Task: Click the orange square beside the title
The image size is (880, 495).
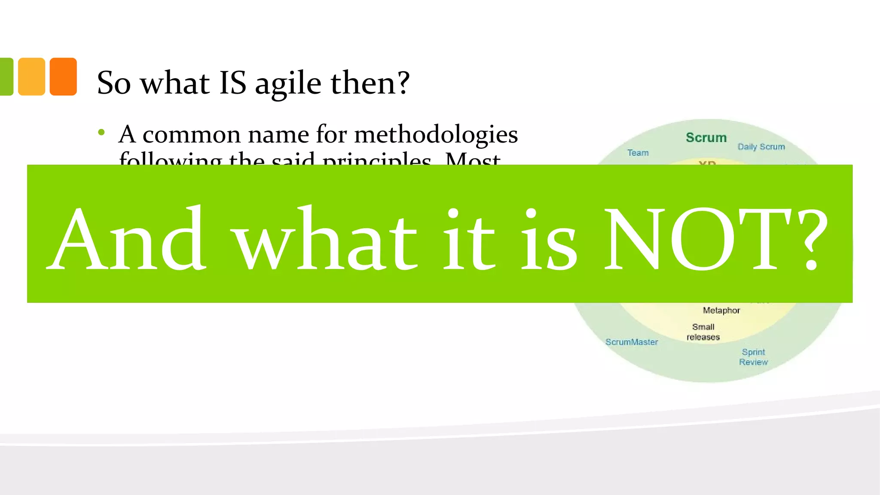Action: [x=63, y=76]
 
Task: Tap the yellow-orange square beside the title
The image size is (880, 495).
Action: [x=31, y=76]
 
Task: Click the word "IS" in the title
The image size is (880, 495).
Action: [x=232, y=82]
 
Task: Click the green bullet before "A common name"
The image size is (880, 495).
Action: [x=101, y=133]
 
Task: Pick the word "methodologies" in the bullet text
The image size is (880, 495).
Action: [x=436, y=135]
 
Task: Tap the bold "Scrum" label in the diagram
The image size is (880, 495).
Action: [x=706, y=137]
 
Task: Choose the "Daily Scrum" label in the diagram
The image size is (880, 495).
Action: [x=761, y=147]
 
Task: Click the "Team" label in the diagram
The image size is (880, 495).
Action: [x=638, y=153]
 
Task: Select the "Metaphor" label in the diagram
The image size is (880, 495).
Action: [x=721, y=310]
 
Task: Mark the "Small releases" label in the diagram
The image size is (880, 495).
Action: [x=703, y=332]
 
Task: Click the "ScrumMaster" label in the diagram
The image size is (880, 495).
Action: [x=631, y=342]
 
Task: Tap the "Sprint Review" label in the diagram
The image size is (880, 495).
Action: [x=753, y=357]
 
